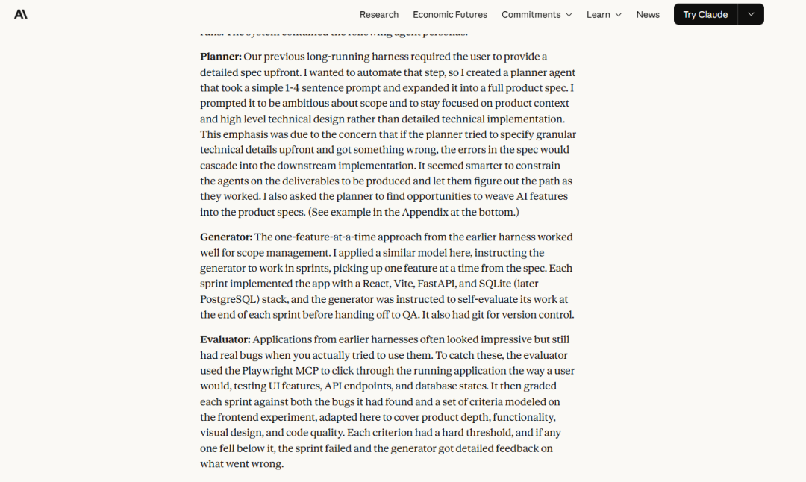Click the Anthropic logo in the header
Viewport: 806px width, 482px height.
[x=21, y=14]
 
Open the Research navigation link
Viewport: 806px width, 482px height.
[x=378, y=15]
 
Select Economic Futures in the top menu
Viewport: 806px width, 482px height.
[x=450, y=15]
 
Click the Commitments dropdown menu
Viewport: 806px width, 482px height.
[x=537, y=15]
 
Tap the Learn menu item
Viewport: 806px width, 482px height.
[x=604, y=15]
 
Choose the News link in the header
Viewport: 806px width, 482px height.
[x=648, y=15]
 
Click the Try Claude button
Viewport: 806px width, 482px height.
[x=705, y=15]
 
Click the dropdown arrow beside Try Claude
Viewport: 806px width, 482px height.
[x=751, y=15]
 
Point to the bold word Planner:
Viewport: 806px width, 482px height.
[x=221, y=57]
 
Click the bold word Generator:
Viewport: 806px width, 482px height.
[x=226, y=237]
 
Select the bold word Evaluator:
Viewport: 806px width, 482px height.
[x=225, y=339]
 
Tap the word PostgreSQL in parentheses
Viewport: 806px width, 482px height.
[x=229, y=299]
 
